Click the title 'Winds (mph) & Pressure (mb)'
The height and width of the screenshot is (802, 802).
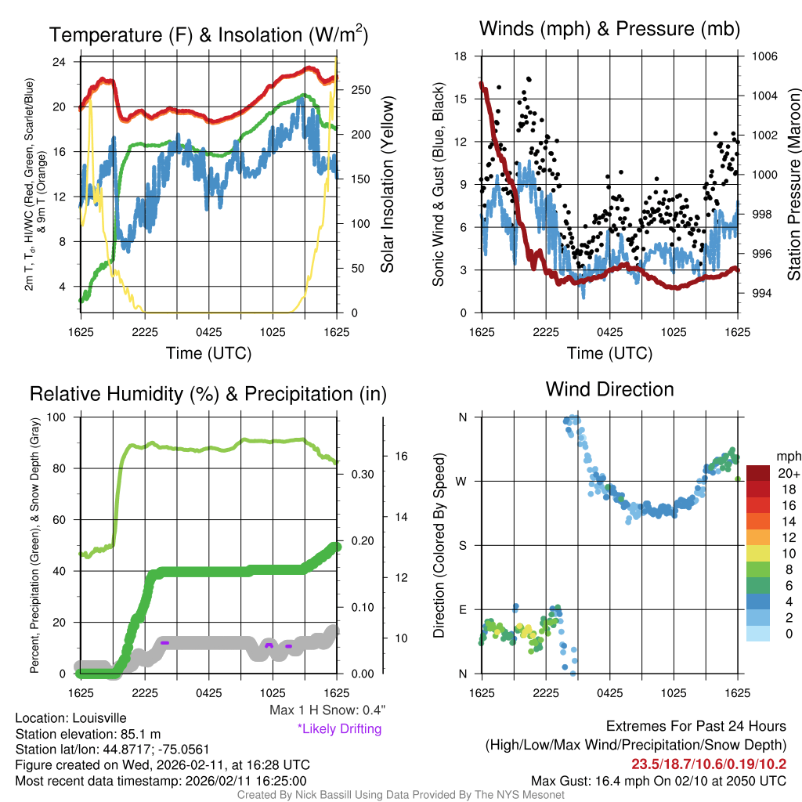[609, 29]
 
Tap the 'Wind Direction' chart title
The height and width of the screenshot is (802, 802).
[609, 389]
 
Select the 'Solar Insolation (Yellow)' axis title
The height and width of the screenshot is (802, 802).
[387, 185]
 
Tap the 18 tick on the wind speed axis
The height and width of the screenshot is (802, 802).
[461, 56]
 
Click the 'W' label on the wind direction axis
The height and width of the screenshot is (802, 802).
[462, 481]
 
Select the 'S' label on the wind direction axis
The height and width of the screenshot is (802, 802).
[462, 545]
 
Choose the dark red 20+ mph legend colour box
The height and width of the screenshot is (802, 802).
[760, 473]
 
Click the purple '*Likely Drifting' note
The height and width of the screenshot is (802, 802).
[339, 729]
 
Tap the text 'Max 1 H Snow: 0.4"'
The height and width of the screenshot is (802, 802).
[327, 710]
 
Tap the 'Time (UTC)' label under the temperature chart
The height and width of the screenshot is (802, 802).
[208, 353]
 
